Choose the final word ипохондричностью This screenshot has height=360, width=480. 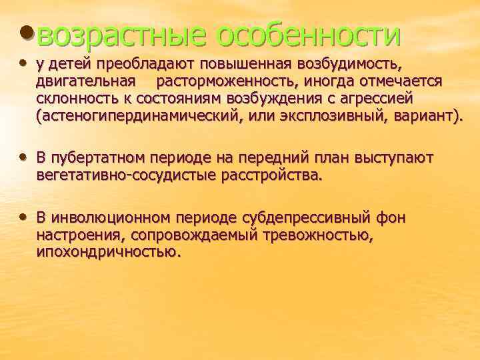[x=109, y=253]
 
